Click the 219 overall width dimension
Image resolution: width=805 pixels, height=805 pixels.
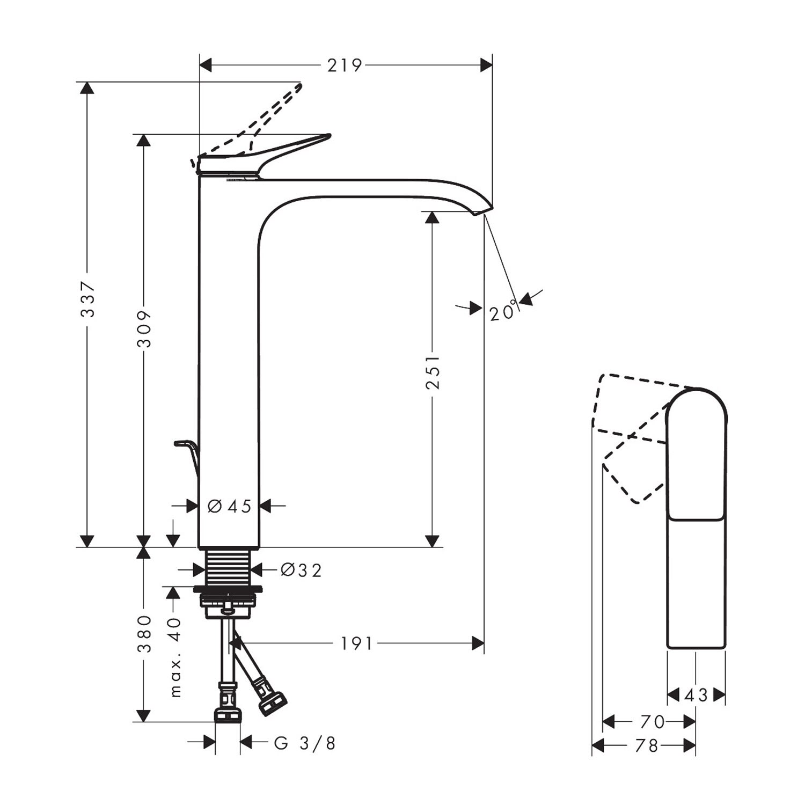(345, 65)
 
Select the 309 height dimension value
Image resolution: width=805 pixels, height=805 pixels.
(144, 328)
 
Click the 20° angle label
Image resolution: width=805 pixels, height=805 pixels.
(504, 311)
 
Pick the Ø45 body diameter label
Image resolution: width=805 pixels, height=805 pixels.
(230, 506)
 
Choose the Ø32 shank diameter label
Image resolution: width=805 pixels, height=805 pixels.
(301, 570)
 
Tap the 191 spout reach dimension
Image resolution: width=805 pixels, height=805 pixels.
(356, 643)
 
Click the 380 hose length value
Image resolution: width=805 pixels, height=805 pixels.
(144, 634)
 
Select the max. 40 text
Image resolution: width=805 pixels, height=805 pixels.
(175, 657)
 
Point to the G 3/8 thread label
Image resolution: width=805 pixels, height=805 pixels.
(305, 743)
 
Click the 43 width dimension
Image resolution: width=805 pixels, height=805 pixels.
(696, 696)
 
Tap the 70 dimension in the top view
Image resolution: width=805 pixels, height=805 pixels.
(653, 722)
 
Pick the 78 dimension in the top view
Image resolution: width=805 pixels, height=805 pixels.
(646, 746)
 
